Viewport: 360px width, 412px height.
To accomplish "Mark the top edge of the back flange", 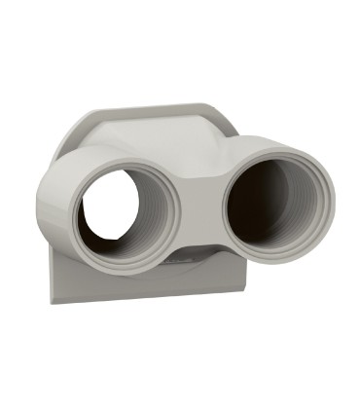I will click(x=156, y=106).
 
